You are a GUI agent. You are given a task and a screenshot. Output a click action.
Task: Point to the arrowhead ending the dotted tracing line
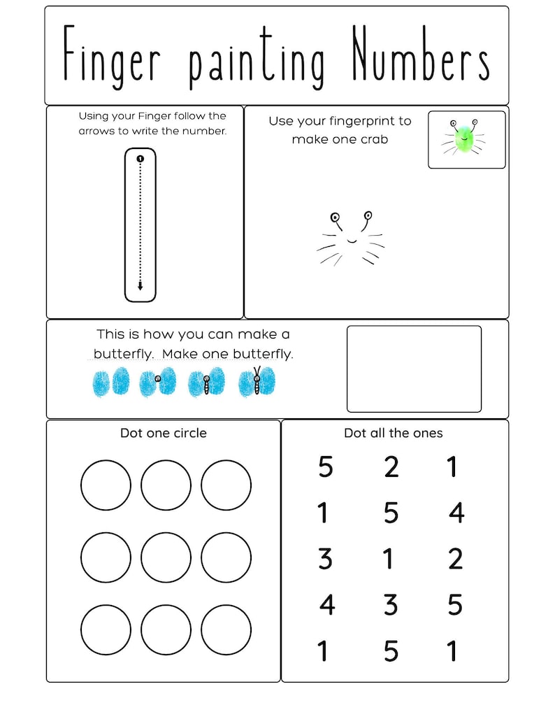(x=140, y=286)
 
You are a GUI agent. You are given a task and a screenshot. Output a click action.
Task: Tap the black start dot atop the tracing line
(x=140, y=159)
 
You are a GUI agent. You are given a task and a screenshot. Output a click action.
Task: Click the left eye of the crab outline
(x=336, y=218)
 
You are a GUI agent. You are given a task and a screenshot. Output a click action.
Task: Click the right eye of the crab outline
(x=368, y=215)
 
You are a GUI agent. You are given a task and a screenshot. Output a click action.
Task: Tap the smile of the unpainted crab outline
(x=352, y=241)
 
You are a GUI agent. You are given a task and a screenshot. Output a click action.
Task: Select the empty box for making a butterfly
(x=414, y=369)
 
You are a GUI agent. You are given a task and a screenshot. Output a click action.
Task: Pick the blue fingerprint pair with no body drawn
(x=111, y=382)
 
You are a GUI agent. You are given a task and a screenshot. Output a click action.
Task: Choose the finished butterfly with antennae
(x=257, y=381)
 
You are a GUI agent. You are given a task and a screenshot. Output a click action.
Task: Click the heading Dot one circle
(x=164, y=433)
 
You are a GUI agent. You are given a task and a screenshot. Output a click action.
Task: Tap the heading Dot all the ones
(x=393, y=433)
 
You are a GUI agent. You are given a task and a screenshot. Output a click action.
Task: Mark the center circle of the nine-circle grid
(x=166, y=557)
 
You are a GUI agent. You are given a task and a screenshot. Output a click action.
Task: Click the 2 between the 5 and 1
(x=391, y=467)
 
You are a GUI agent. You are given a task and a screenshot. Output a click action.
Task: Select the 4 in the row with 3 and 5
(x=326, y=604)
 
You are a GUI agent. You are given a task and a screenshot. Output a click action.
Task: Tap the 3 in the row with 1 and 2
(x=325, y=559)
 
